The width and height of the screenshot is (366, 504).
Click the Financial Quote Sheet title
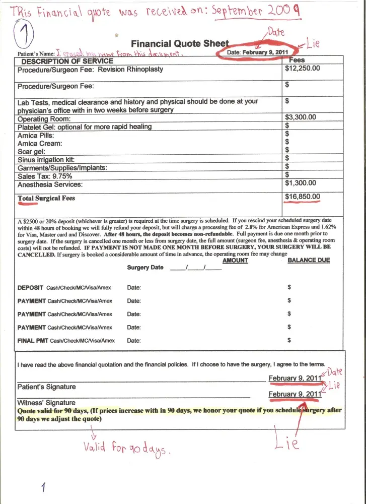(x=180, y=44)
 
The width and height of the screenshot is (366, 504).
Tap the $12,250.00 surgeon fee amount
(x=302, y=68)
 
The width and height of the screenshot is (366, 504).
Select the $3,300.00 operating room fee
(x=301, y=117)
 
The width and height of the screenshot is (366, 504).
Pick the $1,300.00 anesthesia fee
(x=301, y=183)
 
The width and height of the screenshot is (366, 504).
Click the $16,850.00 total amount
(x=302, y=197)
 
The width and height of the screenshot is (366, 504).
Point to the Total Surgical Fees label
(x=46, y=198)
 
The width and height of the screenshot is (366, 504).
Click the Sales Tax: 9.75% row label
(x=45, y=176)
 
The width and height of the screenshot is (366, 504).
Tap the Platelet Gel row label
(x=84, y=127)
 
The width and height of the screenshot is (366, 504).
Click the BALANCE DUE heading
(x=309, y=261)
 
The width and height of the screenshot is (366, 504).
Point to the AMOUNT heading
(x=235, y=261)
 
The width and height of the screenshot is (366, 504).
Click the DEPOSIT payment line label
(x=32, y=287)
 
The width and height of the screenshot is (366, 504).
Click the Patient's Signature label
(x=47, y=387)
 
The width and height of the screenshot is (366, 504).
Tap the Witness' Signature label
(x=46, y=403)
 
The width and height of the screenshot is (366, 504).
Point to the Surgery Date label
(x=145, y=268)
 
